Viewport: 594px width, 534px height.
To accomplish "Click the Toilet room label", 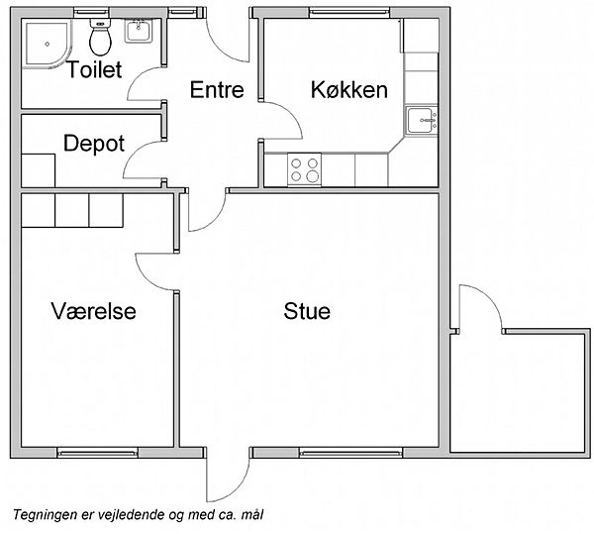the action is pyautogui.click(x=94, y=69).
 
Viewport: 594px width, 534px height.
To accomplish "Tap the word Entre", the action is pyautogui.click(x=217, y=90).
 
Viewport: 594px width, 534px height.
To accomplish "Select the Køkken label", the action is pyautogui.click(x=349, y=90).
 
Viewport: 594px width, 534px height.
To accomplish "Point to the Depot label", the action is pyautogui.click(x=94, y=144).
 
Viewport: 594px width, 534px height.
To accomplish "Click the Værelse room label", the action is pyautogui.click(x=94, y=311).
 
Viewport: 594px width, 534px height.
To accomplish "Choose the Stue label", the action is pyautogui.click(x=307, y=311).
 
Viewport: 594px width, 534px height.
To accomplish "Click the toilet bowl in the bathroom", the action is pyautogui.click(x=100, y=37).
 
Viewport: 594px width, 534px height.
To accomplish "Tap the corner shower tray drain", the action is pyautogui.click(x=48, y=44).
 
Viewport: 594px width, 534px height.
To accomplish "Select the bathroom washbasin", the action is pyautogui.click(x=138, y=31).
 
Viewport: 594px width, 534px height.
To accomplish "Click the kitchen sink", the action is pyautogui.click(x=422, y=120).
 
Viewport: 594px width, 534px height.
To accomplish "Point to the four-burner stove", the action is pyautogui.click(x=304, y=169).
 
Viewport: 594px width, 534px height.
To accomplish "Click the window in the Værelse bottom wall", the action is pyautogui.click(x=97, y=453).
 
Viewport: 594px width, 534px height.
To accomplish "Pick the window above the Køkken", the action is pyautogui.click(x=349, y=13).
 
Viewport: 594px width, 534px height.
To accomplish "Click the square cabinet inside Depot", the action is pyautogui.click(x=39, y=170).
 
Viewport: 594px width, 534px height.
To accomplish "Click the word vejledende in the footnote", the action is pyautogui.click(x=132, y=514).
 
